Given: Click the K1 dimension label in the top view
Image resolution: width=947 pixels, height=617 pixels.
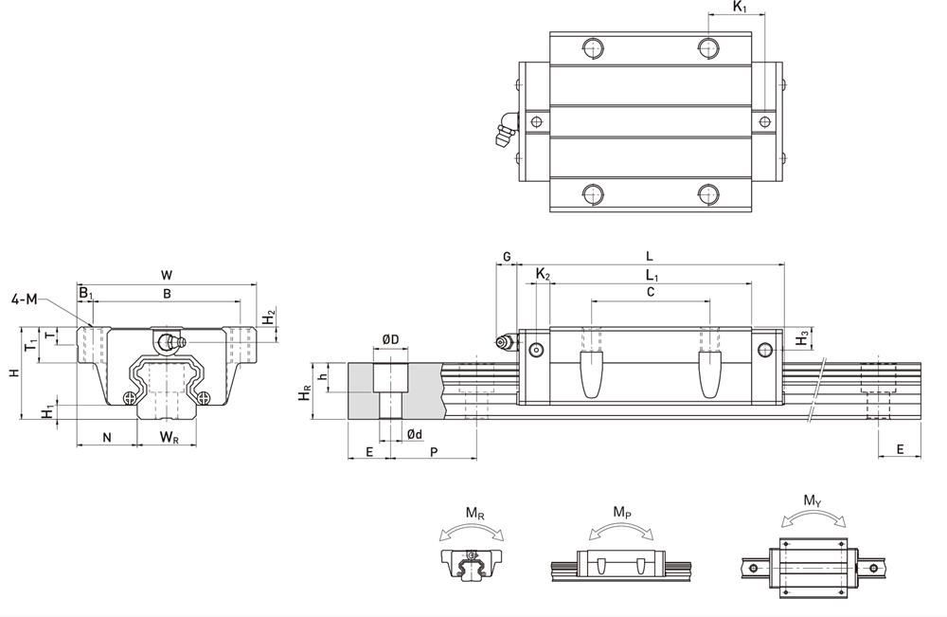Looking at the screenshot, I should click(x=740, y=8).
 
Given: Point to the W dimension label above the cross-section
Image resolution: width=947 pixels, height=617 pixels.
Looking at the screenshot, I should click(x=167, y=275).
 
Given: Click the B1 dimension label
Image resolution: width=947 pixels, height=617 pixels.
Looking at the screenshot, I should click(x=85, y=294).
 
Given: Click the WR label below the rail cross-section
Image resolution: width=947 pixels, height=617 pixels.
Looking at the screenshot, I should click(x=169, y=437).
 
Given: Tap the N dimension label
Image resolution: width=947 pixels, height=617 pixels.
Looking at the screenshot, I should click(x=107, y=437).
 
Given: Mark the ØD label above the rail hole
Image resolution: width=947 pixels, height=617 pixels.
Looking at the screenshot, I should click(x=390, y=339).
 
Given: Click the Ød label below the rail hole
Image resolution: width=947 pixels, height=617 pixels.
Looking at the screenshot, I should click(x=414, y=434).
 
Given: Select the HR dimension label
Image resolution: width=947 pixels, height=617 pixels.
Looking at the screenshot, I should click(x=305, y=391).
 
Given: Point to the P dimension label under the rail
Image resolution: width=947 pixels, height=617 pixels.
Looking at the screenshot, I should click(x=434, y=453).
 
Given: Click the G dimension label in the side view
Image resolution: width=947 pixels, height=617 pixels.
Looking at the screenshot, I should click(x=507, y=257).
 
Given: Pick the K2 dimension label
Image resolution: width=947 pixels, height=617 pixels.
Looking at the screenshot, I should click(x=543, y=275).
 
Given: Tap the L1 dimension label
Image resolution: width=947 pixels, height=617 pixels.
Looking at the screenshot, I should click(x=652, y=275).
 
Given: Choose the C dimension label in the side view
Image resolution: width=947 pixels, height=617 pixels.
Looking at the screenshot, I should click(x=650, y=293).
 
